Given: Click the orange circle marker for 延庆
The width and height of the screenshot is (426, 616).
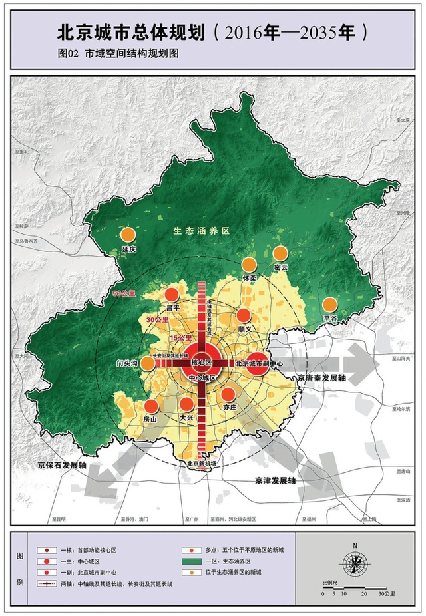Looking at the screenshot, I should tap(126, 235).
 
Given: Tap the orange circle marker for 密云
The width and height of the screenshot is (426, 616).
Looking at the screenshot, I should tap(280, 253).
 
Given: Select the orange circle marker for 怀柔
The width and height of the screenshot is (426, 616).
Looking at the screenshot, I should tap(249, 265).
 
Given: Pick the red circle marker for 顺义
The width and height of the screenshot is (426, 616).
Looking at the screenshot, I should tap(244, 316).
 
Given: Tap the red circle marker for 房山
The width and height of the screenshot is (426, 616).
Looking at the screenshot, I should tap(151, 406).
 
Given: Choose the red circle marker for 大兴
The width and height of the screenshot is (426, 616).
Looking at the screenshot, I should tap(187, 404).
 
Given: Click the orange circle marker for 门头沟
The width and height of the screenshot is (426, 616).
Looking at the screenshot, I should tap(147, 363).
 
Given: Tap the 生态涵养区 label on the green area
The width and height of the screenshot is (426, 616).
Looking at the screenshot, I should tap(201, 231).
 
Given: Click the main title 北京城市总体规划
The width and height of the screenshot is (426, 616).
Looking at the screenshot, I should tap(131, 32).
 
